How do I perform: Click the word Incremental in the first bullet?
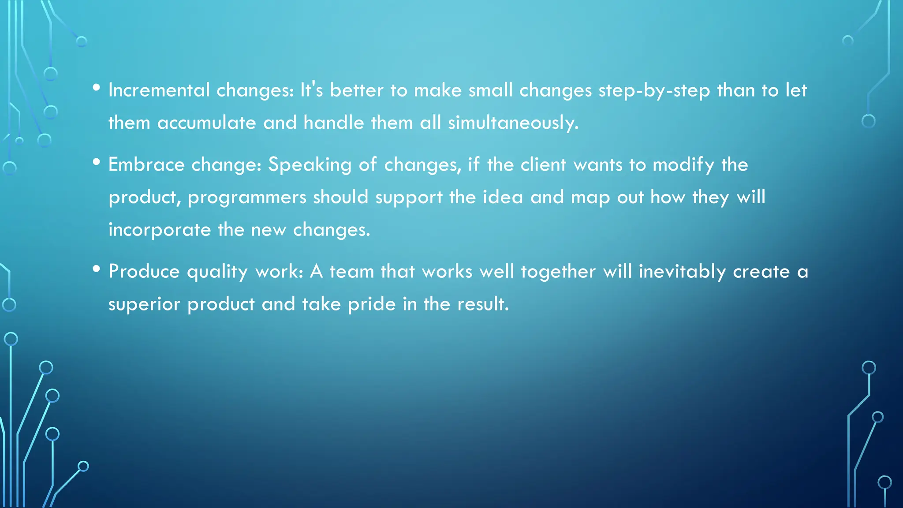(x=159, y=90)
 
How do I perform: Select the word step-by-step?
(x=654, y=91)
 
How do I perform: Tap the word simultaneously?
(x=513, y=123)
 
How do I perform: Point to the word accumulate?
(x=206, y=123)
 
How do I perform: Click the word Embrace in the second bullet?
(x=146, y=165)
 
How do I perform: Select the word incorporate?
(x=160, y=230)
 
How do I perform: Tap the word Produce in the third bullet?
(x=144, y=272)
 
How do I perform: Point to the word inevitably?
(x=682, y=272)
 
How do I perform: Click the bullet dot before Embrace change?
(x=97, y=162)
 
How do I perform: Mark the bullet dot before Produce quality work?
(x=97, y=269)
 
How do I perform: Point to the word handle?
(x=333, y=123)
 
